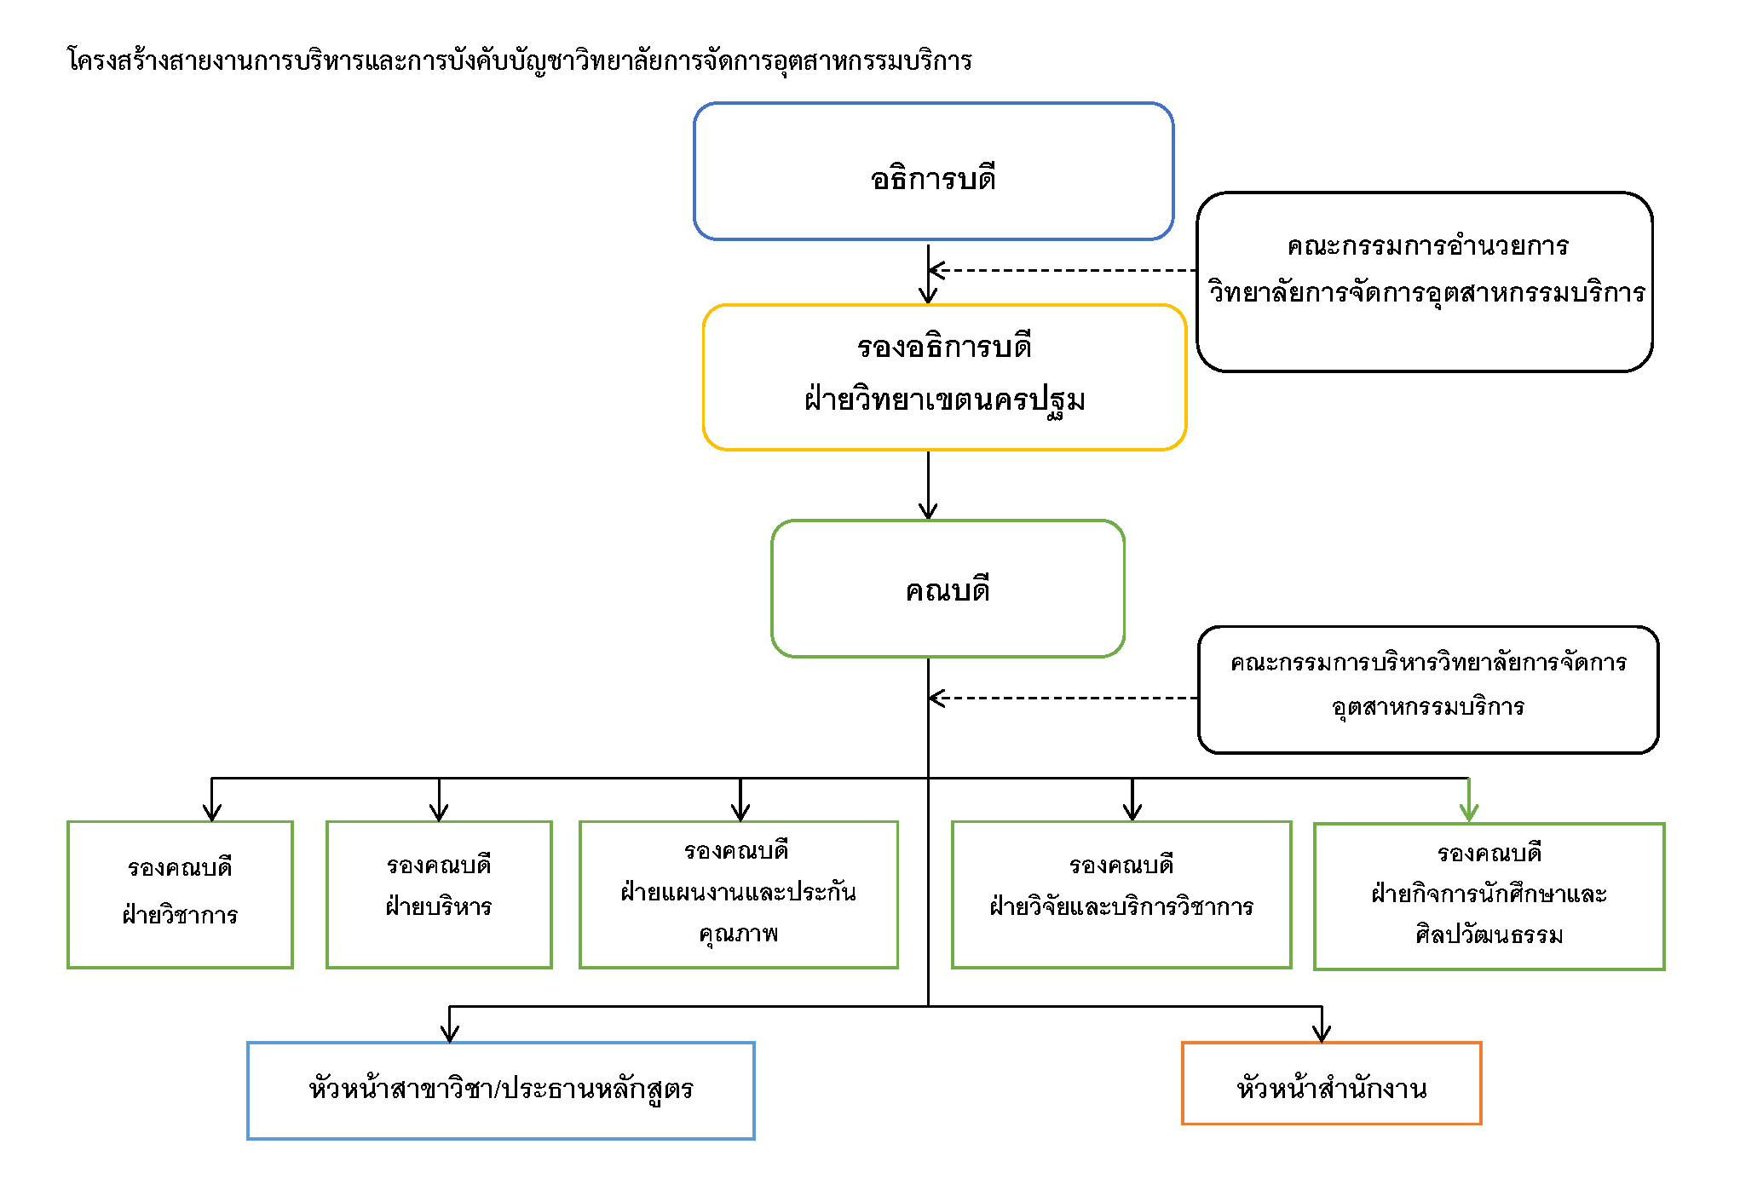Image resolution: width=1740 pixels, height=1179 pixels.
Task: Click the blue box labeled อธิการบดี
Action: tap(933, 171)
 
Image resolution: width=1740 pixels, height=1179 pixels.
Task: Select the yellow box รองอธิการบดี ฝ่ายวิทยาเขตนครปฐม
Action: tap(944, 377)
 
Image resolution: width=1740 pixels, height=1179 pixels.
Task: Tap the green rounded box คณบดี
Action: tap(948, 589)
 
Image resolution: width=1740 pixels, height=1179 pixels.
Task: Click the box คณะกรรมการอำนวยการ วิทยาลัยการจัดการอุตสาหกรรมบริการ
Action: tap(1424, 282)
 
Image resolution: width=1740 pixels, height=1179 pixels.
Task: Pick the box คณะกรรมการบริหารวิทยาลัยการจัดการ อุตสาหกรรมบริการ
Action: tap(1427, 689)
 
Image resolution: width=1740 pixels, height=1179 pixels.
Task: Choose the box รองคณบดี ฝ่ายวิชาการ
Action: tap(180, 894)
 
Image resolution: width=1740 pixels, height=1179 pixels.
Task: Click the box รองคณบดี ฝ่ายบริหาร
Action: tap(439, 894)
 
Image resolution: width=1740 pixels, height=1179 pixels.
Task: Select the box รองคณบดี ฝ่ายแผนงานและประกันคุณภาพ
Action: tap(738, 894)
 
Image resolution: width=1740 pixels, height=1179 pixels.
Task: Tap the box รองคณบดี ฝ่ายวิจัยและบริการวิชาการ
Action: tap(1121, 894)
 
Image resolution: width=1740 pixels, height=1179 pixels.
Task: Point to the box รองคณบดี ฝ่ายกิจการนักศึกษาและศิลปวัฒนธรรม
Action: tap(1489, 895)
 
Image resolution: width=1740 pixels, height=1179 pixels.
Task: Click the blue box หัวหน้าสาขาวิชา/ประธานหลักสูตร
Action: tap(500, 1090)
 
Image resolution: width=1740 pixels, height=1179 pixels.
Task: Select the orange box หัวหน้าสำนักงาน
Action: tap(1331, 1083)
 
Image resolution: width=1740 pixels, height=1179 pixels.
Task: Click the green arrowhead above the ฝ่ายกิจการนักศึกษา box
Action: tap(1468, 812)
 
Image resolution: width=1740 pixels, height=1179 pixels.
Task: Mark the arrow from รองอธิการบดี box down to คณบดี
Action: tap(928, 485)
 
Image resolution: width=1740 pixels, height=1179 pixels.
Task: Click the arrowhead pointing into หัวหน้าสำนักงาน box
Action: tap(1322, 1032)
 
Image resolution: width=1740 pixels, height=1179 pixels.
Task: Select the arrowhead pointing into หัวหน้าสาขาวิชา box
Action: tap(450, 1032)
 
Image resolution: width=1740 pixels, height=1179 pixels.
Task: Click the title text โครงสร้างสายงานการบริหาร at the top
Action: tap(519, 60)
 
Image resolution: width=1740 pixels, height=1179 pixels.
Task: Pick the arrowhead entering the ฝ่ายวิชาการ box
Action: tap(212, 811)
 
